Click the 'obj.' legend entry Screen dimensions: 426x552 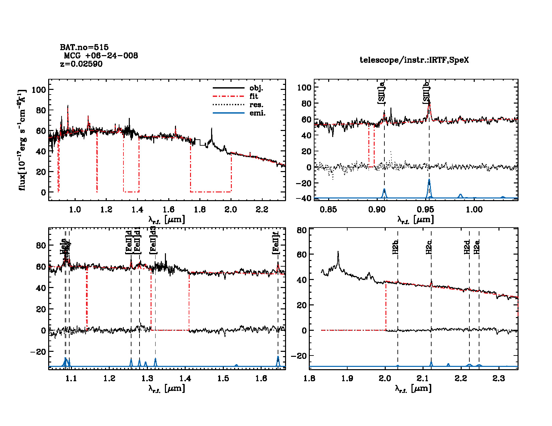point(256,88)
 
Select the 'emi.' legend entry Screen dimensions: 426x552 point(257,113)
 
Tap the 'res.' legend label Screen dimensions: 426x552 point(256,105)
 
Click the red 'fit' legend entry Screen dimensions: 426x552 point(254,97)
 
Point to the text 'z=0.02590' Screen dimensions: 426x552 point(81,64)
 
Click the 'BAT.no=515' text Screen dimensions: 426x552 point(84,47)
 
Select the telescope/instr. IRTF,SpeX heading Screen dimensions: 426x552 point(414,60)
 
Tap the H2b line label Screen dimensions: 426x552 point(395,247)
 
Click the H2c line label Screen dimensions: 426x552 point(429,247)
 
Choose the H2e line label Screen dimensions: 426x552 point(477,247)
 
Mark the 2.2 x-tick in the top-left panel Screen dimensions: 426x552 point(262,209)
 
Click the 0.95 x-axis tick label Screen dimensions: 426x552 point(426,209)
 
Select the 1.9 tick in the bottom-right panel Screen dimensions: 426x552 point(347,378)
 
